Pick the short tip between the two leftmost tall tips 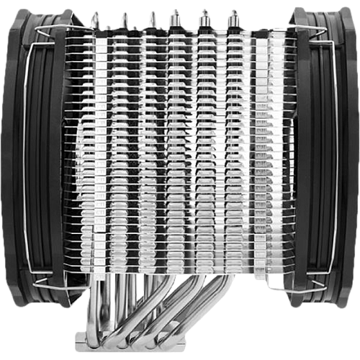coord(108,28)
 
